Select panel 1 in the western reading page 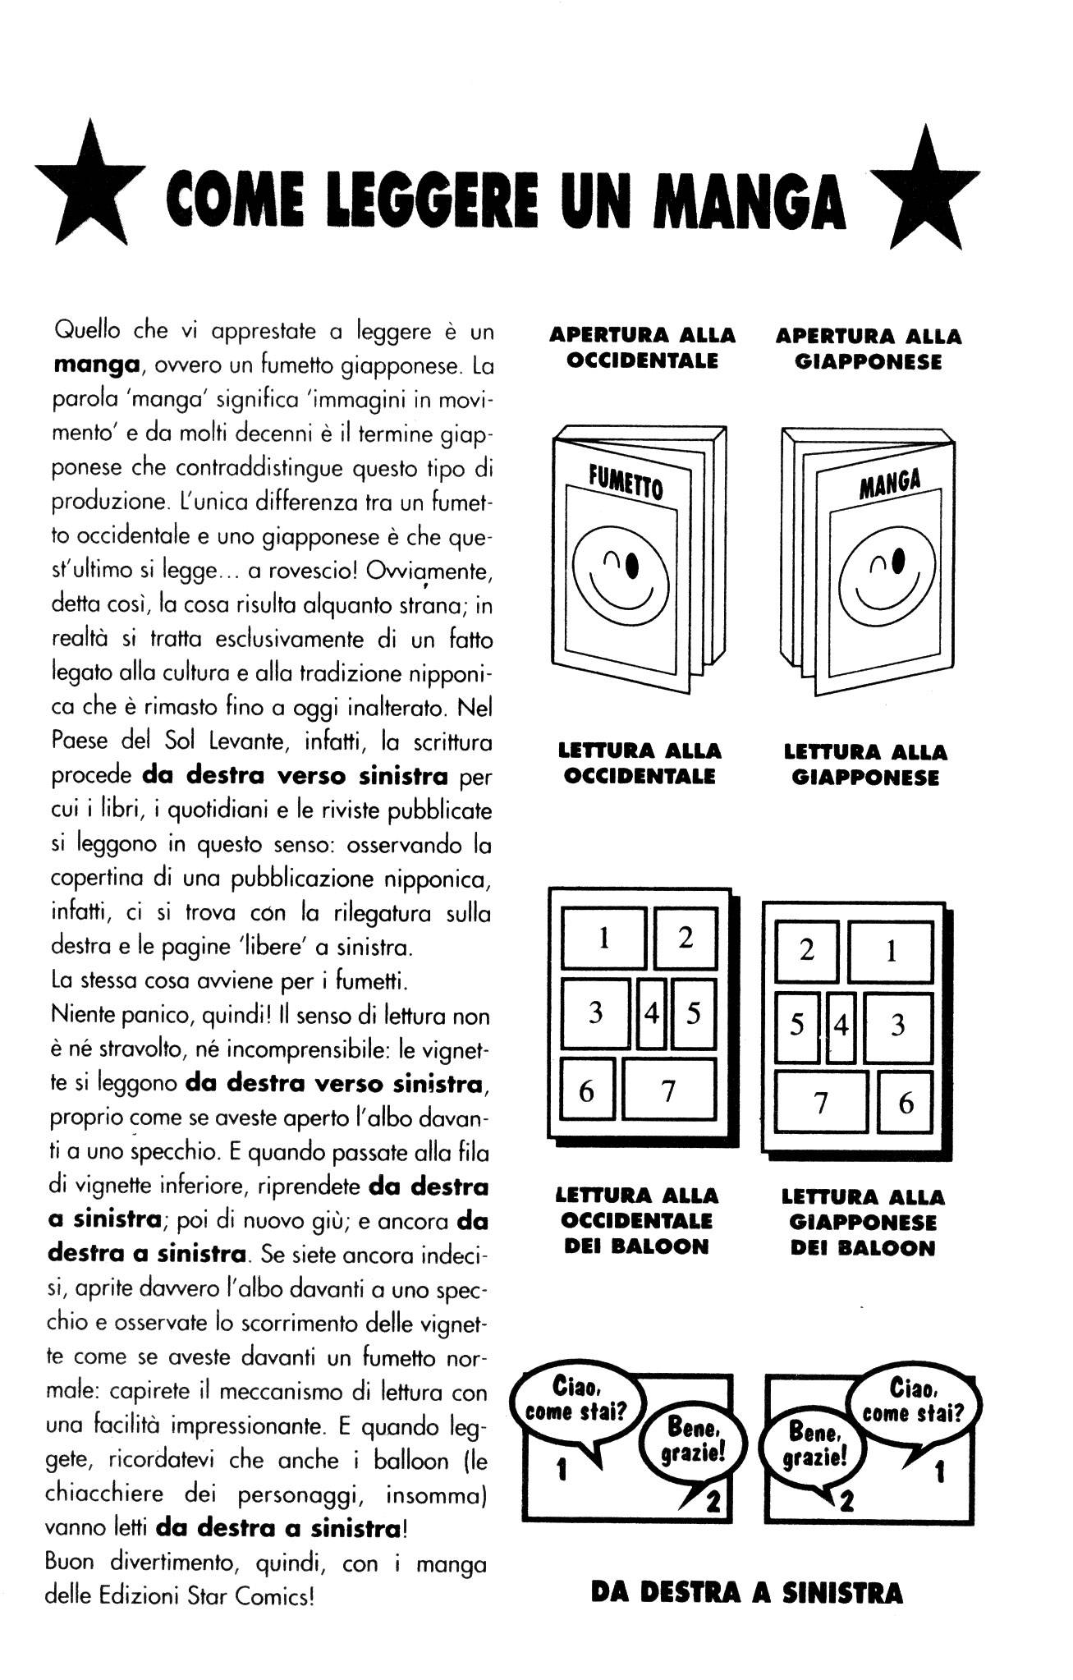[x=603, y=938]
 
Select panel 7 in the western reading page [x=668, y=1090]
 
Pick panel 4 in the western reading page [x=652, y=1013]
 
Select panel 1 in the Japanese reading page [x=891, y=952]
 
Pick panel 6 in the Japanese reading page [x=906, y=1102]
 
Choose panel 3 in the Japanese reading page [x=897, y=1026]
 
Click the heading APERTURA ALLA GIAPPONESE [x=868, y=349]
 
